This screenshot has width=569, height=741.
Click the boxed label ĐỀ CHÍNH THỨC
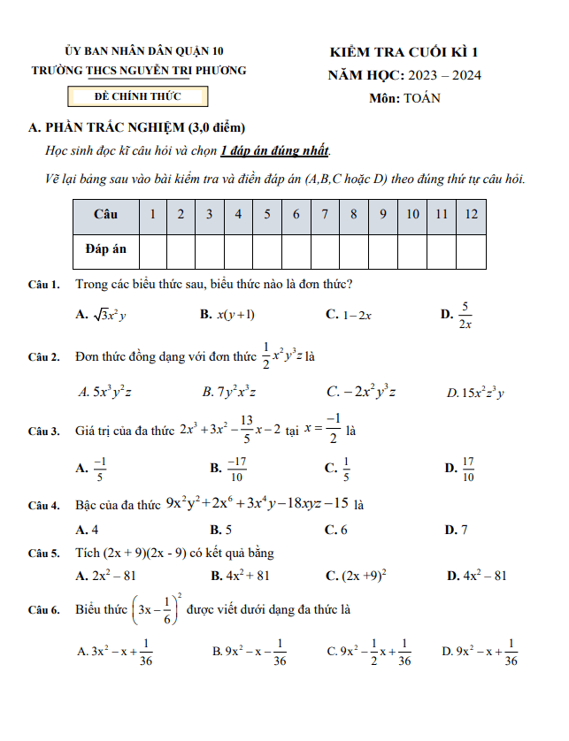point(138,95)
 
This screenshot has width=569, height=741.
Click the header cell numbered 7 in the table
point(325,215)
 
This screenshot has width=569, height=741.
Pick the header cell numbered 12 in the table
point(471,215)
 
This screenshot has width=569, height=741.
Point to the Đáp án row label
point(105,249)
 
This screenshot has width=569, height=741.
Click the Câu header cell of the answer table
point(105,215)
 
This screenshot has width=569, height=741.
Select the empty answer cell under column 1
point(152,249)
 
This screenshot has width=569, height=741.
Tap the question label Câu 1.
point(43,285)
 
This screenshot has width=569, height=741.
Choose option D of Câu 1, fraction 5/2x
point(458,315)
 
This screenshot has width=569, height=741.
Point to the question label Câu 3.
point(43,432)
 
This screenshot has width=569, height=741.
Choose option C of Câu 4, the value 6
point(336,530)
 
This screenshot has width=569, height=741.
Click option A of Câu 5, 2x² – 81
point(106,576)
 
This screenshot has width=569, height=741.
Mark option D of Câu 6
point(480,652)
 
